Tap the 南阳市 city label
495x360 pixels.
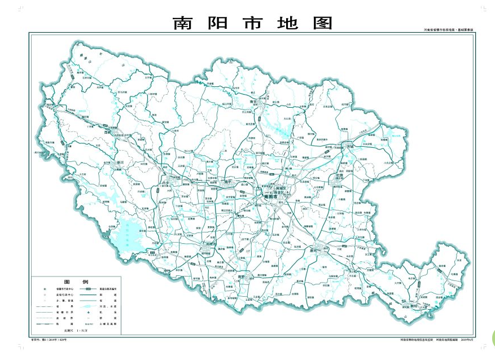coord(271,197)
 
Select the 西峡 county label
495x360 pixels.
coord(108,133)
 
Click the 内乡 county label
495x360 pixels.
coord(166,183)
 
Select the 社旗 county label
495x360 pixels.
coord(339,175)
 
